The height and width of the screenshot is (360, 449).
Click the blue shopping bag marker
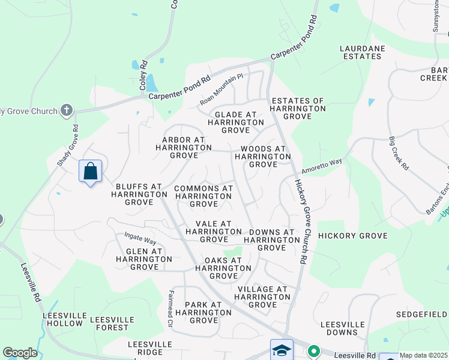point(90,172)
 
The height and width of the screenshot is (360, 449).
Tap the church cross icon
point(66,110)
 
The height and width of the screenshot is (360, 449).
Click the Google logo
point(20,353)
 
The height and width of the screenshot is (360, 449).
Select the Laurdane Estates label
point(360,52)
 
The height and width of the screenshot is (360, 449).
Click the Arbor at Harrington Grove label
point(184,147)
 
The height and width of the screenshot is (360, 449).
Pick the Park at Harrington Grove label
point(203,312)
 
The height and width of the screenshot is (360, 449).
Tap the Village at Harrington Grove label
point(262,296)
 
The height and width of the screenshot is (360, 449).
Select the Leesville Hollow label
point(62,319)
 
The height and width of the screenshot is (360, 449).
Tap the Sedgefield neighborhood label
point(421,314)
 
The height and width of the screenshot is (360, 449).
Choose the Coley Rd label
point(143,76)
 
